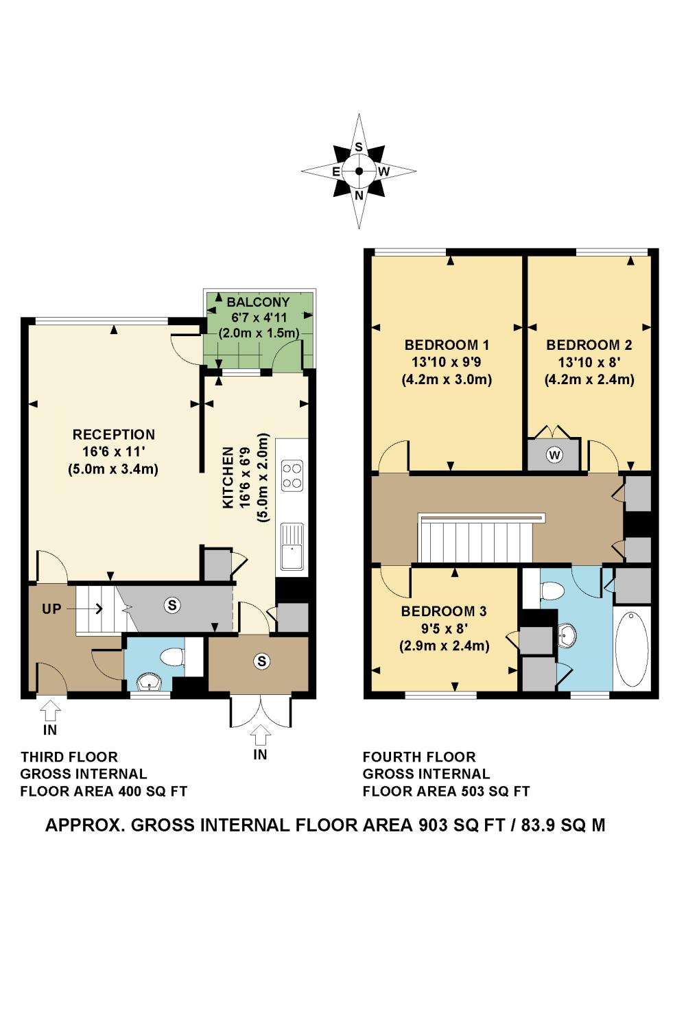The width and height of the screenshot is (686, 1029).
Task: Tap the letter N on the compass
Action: click(359, 196)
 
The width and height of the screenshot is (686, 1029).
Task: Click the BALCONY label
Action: click(258, 303)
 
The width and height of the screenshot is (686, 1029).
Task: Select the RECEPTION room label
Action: click(113, 434)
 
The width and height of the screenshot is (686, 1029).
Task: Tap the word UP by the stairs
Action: click(51, 609)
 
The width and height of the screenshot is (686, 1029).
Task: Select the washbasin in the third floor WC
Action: click(148, 683)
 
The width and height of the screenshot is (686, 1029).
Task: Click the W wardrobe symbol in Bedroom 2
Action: click(554, 456)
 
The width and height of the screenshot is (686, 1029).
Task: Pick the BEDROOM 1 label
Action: click(447, 345)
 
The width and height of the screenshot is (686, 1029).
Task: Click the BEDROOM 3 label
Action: click(444, 611)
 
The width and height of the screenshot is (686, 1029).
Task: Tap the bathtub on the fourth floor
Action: click(632, 649)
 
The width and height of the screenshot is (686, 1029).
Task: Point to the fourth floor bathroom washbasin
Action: click(566, 635)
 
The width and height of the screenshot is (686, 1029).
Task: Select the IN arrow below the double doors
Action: click(261, 735)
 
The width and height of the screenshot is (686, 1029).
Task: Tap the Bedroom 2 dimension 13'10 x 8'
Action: click(589, 362)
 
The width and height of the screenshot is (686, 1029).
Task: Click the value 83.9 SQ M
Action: click(563, 825)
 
